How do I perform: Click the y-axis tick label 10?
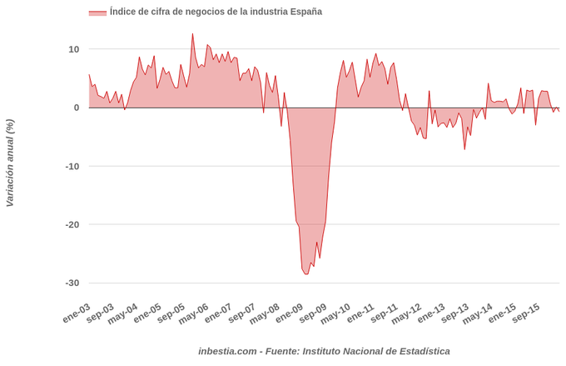click(73, 49)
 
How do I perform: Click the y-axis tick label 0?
click(76, 108)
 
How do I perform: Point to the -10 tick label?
click(72, 166)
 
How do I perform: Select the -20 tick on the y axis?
click(72, 224)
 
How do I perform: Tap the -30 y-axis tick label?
click(72, 283)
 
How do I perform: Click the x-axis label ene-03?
click(76, 313)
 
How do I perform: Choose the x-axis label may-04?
click(123, 313)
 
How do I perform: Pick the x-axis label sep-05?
click(171, 313)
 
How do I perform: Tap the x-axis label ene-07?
click(218, 313)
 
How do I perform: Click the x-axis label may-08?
click(266, 313)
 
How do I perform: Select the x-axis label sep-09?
click(313, 313)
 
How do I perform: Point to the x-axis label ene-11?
click(360, 313)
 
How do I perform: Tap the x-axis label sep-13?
click(455, 313)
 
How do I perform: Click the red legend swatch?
click(97, 13)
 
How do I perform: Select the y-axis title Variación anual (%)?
click(10, 163)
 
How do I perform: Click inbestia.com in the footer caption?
click(227, 351)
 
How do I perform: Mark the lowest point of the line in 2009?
click(306, 274)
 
